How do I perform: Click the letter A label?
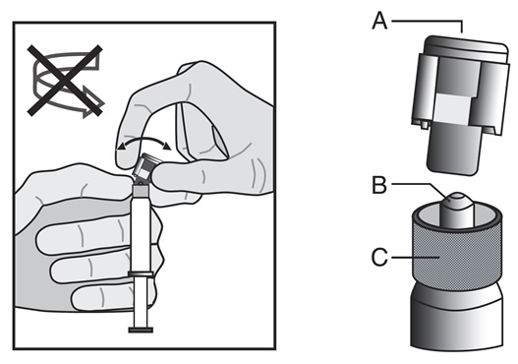click(379, 21)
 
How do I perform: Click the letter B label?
click(379, 185)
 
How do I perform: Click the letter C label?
click(379, 257)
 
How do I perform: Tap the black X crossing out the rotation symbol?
click(65, 81)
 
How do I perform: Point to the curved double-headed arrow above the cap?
click(144, 140)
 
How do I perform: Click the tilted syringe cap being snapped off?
click(145, 166)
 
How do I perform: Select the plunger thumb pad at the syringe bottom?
click(141, 330)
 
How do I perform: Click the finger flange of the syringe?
click(141, 274)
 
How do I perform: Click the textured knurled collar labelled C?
click(457, 251)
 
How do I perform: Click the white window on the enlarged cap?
click(452, 109)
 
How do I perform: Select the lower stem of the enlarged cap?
click(454, 149)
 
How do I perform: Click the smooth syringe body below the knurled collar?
click(457, 318)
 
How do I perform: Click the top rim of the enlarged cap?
click(466, 43)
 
